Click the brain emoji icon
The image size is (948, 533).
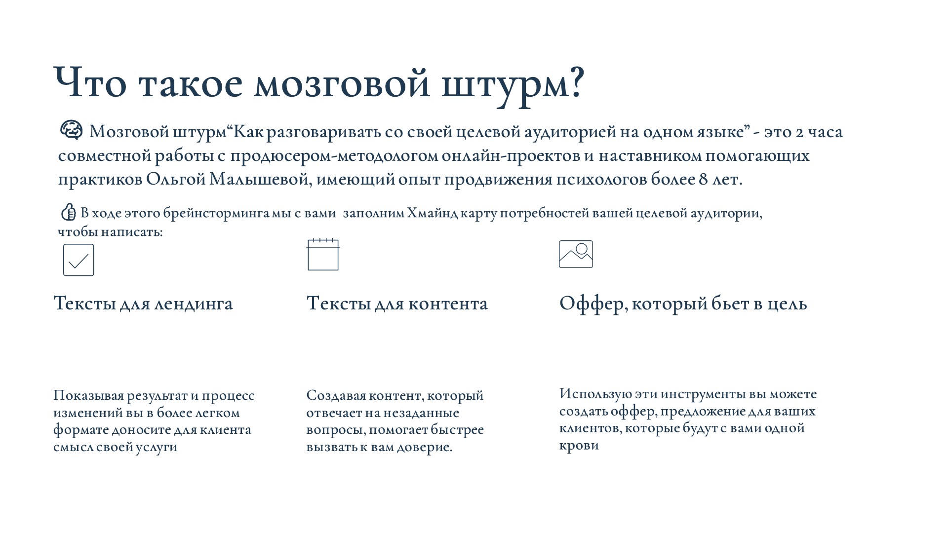(x=72, y=130)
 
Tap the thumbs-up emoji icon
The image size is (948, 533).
(x=68, y=212)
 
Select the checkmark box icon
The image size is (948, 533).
(x=79, y=260)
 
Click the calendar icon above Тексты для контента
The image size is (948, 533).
(x=323, y=255)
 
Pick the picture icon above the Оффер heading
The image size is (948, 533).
(x=576, y=254)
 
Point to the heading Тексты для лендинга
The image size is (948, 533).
(x=143, y=304)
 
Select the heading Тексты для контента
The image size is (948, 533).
(x=397, y=304)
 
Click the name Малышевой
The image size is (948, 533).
(x=260, y=179)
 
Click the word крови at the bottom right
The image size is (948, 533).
(x=579, y=445)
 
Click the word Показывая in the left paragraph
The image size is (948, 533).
(x=88, y=396)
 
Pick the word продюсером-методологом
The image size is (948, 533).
(x=334, y=156)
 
